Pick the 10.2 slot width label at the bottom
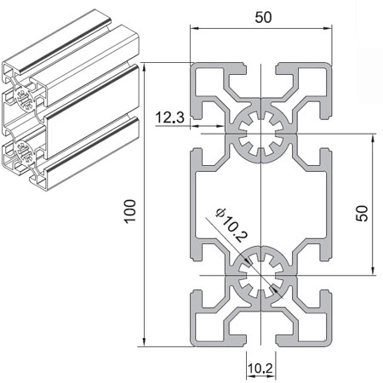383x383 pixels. coord(260,369)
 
